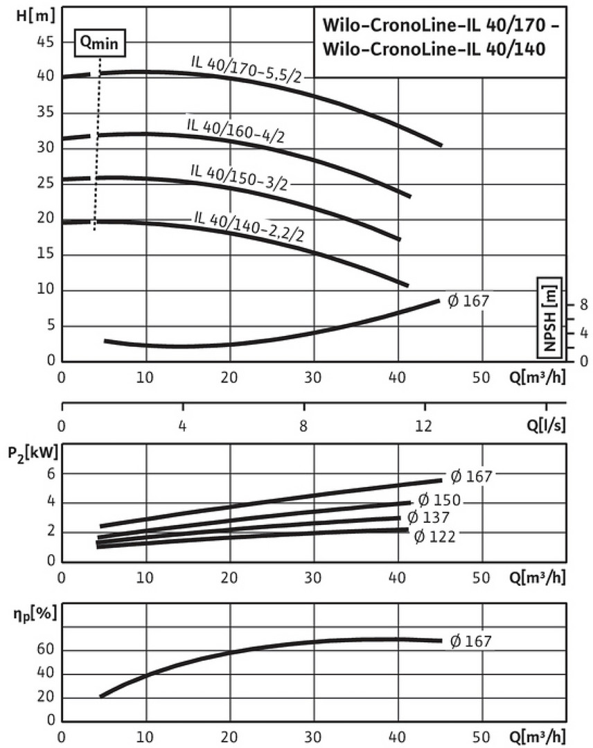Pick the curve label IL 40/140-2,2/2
[x=249, y=225]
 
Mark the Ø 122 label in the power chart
[x=434, y=535]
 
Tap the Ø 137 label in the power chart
[x=428, y=518]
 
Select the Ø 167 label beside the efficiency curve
[x=470, y=641]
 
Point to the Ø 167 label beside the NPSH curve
[x=468, y=301]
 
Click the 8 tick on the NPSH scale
[x=583, y=304]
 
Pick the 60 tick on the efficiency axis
[x=46, y=650]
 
